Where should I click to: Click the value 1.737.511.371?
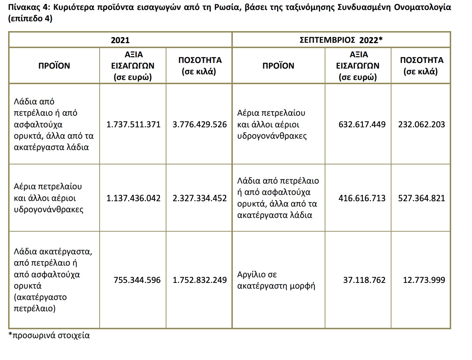click(133, 124)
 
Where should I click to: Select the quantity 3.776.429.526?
click(200, 124)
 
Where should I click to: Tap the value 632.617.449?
click(362, 124)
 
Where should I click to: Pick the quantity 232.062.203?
click(421, 124)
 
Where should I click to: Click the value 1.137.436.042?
click(133, 198)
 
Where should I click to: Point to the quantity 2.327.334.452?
click(200, 198)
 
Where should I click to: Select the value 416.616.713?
click(362, 198)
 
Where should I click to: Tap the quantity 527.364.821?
click(421, 198)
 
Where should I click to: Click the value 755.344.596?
click(137, 280)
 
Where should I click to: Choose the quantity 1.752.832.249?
click(200, 280)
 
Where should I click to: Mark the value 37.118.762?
click(364, 280)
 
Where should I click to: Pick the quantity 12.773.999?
click(424, 280)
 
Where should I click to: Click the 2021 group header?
click(120, 40)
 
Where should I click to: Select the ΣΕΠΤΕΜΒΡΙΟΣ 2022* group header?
click(341, 40)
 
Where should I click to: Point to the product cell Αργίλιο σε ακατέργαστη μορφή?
click(276, 280)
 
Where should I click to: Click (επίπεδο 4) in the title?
click(30, 18)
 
